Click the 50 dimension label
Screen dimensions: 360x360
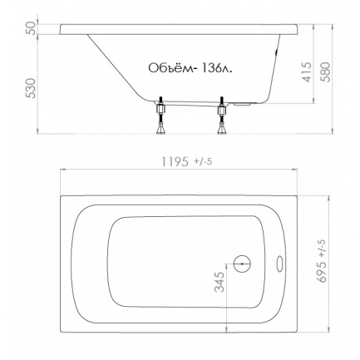click(x=32, y=28)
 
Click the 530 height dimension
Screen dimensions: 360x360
click(x=32, y=88)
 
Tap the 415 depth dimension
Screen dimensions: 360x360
click(x=307, y=72)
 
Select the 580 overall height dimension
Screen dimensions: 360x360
click(x=326, y=72)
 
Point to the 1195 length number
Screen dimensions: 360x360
click(x=175, y=161)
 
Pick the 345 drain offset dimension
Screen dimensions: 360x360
click(x=219, y=282)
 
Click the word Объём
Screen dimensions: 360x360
click(x=170, y=67)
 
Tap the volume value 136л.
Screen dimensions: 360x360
click(x=218, y=68)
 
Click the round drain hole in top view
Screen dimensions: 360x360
click(x=242, y=264)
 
